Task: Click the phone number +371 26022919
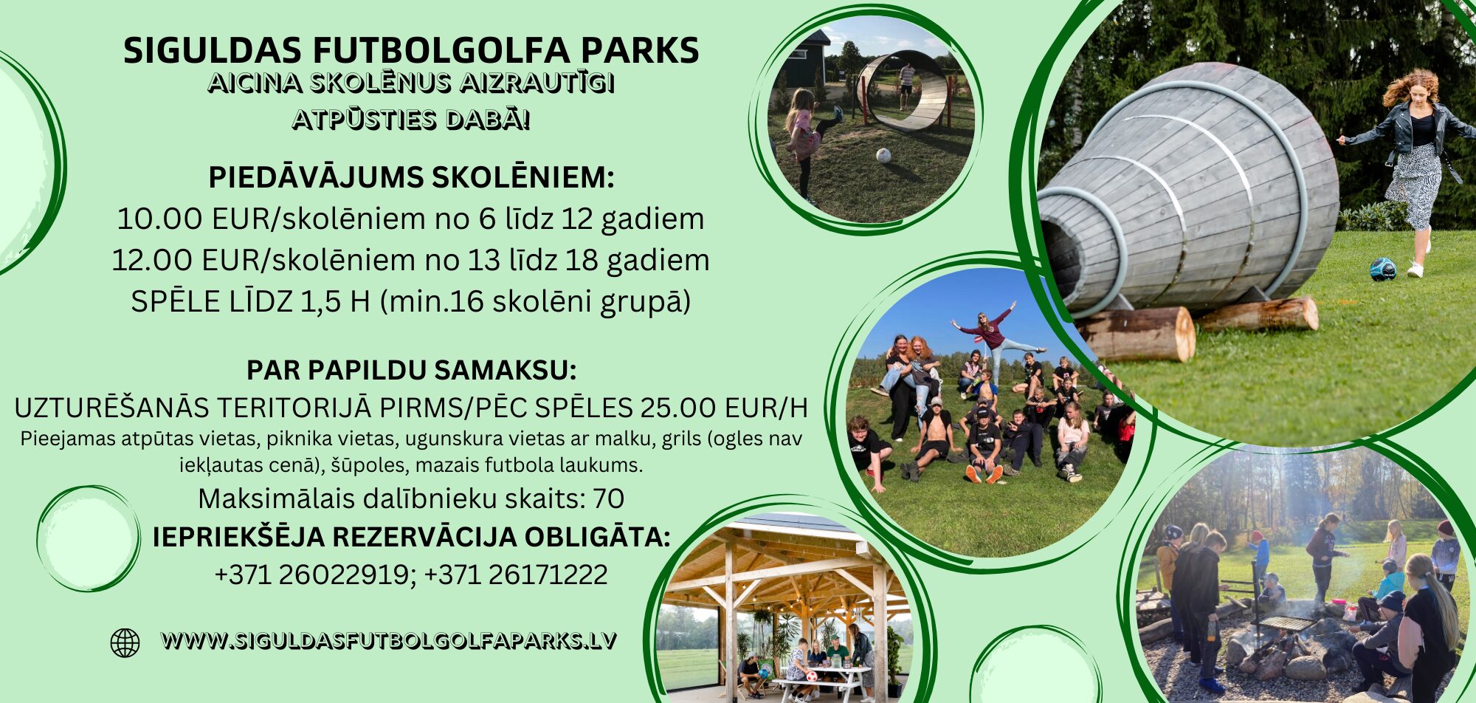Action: (x=311, y=575)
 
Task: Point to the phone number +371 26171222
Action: (x=516, y=575)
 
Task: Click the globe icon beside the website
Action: (x=125, y=642)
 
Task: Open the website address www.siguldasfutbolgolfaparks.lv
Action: (x=388, y=640)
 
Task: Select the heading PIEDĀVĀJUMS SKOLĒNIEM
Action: (x=411, y=177)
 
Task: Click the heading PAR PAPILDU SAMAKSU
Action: (x=411, y=370)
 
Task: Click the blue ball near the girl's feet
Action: (x=1383, y=269)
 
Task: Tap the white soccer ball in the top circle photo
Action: (x=883, y=155)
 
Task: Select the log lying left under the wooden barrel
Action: (x=1135, y=334)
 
